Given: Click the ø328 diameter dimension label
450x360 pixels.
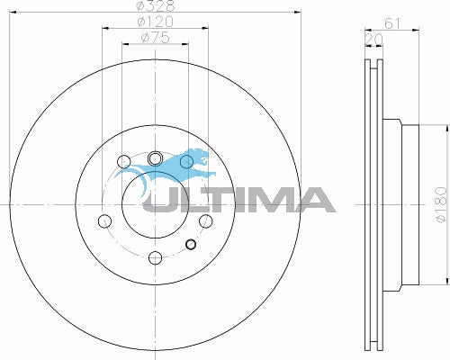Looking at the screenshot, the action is coord(156,5).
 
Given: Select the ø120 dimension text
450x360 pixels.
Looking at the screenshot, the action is coord(156,22).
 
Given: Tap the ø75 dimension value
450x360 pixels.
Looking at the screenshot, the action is coord(156,38).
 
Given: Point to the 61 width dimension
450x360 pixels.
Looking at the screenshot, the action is coord(392,23).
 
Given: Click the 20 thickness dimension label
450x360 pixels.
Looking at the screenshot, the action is coord(373,39).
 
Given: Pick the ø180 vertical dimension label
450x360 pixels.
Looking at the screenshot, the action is coord(441,205).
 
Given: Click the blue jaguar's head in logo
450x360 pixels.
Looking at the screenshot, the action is coord(201,157).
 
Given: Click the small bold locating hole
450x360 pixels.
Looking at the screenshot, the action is coord(191,245).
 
